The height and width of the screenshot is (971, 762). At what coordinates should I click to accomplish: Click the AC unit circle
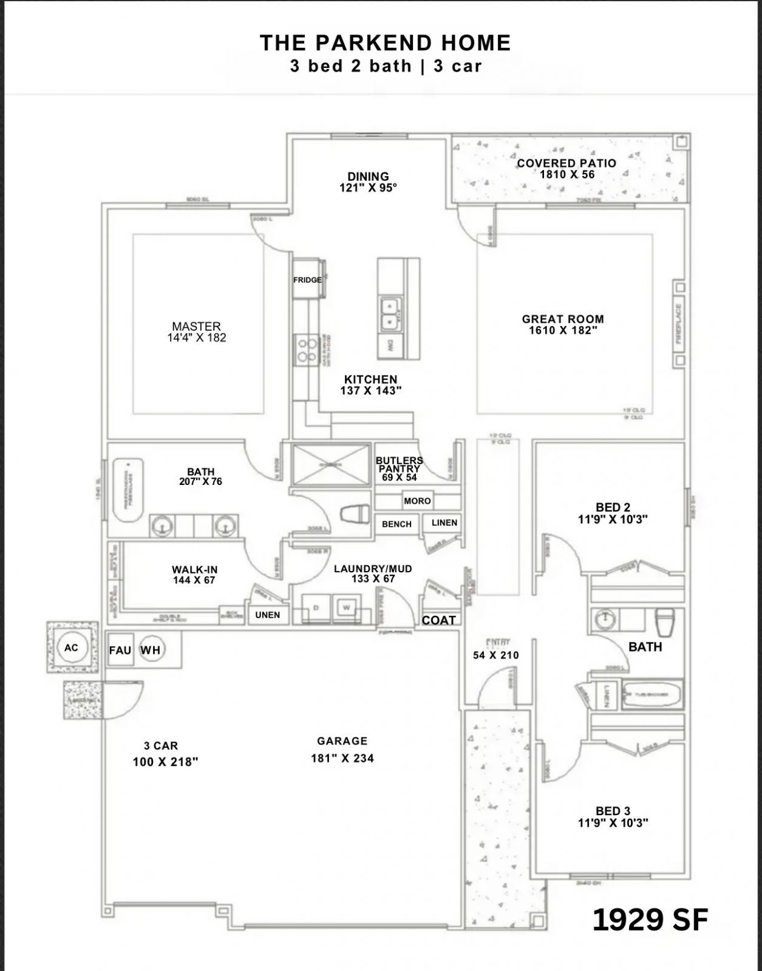tap(72, 648)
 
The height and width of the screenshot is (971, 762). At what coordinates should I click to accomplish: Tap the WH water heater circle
tap(151, 650)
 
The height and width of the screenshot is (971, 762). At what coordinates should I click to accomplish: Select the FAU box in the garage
tap(120, 650)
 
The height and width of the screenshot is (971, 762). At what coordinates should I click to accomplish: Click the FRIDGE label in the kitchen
tap(307, 280)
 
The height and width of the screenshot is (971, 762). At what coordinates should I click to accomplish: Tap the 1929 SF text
tap(650, 919)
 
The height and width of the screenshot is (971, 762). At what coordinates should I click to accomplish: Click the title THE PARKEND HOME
tap(385, 42)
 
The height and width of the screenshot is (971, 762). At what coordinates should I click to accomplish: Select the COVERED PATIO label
tap(566, 163)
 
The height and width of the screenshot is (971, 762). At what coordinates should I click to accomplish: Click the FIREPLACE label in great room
tap(679, 323)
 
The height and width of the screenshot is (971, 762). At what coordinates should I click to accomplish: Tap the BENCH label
tap(396, 524)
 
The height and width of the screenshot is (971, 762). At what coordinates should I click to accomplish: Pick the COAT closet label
tap(438, 620)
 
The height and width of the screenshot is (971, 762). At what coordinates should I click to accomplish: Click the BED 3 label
tap(613, 811)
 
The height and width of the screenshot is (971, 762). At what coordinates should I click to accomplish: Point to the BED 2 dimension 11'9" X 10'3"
tap(613, 519)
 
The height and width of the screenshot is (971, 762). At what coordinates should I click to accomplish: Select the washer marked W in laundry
tap(346, 607)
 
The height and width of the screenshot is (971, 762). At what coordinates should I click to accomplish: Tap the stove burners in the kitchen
tap(305, 350)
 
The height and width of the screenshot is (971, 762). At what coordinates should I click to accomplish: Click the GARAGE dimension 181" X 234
tap(342, 758)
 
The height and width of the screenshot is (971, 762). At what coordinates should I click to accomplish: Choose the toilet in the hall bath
tap(667, 621)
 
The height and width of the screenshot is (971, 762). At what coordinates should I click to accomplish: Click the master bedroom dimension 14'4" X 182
tap(196, 338)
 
